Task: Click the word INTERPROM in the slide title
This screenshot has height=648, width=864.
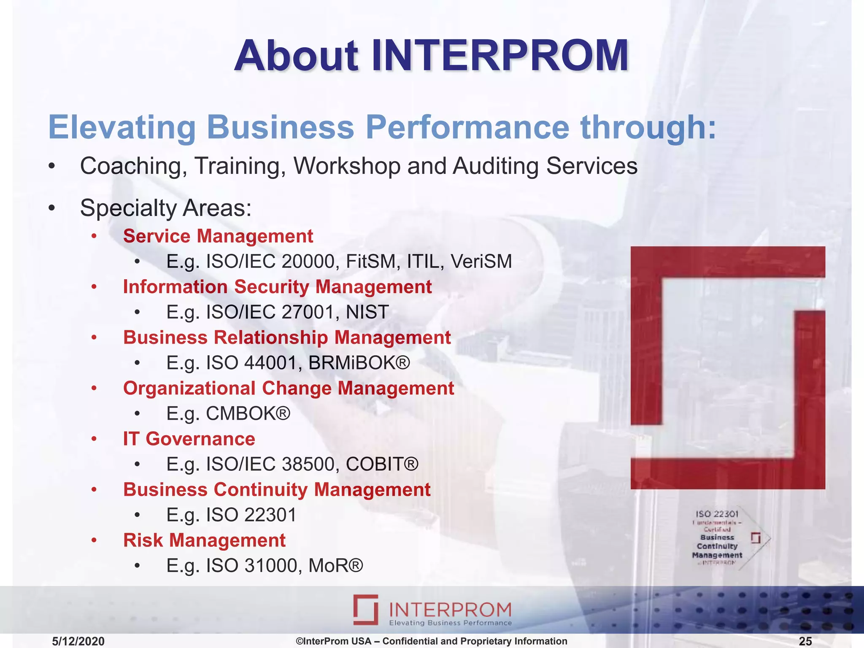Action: (500, 56)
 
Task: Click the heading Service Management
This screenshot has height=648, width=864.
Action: (218, 236)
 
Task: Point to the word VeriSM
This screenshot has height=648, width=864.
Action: (481, 262)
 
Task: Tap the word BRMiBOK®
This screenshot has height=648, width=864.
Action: (359, 363)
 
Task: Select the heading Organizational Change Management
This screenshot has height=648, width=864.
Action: (289, 388)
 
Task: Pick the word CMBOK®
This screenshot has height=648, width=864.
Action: (248, 413)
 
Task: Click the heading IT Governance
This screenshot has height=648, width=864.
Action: (189, 439)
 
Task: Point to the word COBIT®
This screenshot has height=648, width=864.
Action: (382, 464)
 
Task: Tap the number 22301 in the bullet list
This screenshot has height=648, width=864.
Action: (270, 515)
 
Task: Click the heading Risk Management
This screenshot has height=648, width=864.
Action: (204, 540)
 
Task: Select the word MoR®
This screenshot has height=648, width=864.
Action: (336, 566)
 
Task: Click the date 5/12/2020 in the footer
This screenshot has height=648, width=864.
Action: (78, 641)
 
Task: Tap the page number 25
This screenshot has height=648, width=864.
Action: (805, 641)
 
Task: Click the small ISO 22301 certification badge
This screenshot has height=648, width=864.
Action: (726, 538)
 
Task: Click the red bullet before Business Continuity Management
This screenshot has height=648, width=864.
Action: (94, 490)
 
